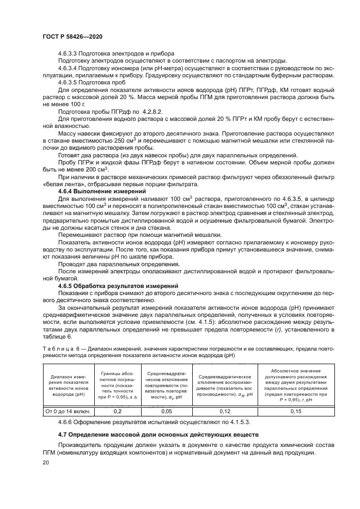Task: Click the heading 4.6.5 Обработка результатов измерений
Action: (x=107, y=285)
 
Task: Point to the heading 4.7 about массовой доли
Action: (x=154, y=434)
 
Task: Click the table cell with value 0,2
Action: (x=116, y=412)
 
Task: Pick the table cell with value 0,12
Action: (x=225, y=412)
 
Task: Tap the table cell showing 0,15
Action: (x=294, y=412)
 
